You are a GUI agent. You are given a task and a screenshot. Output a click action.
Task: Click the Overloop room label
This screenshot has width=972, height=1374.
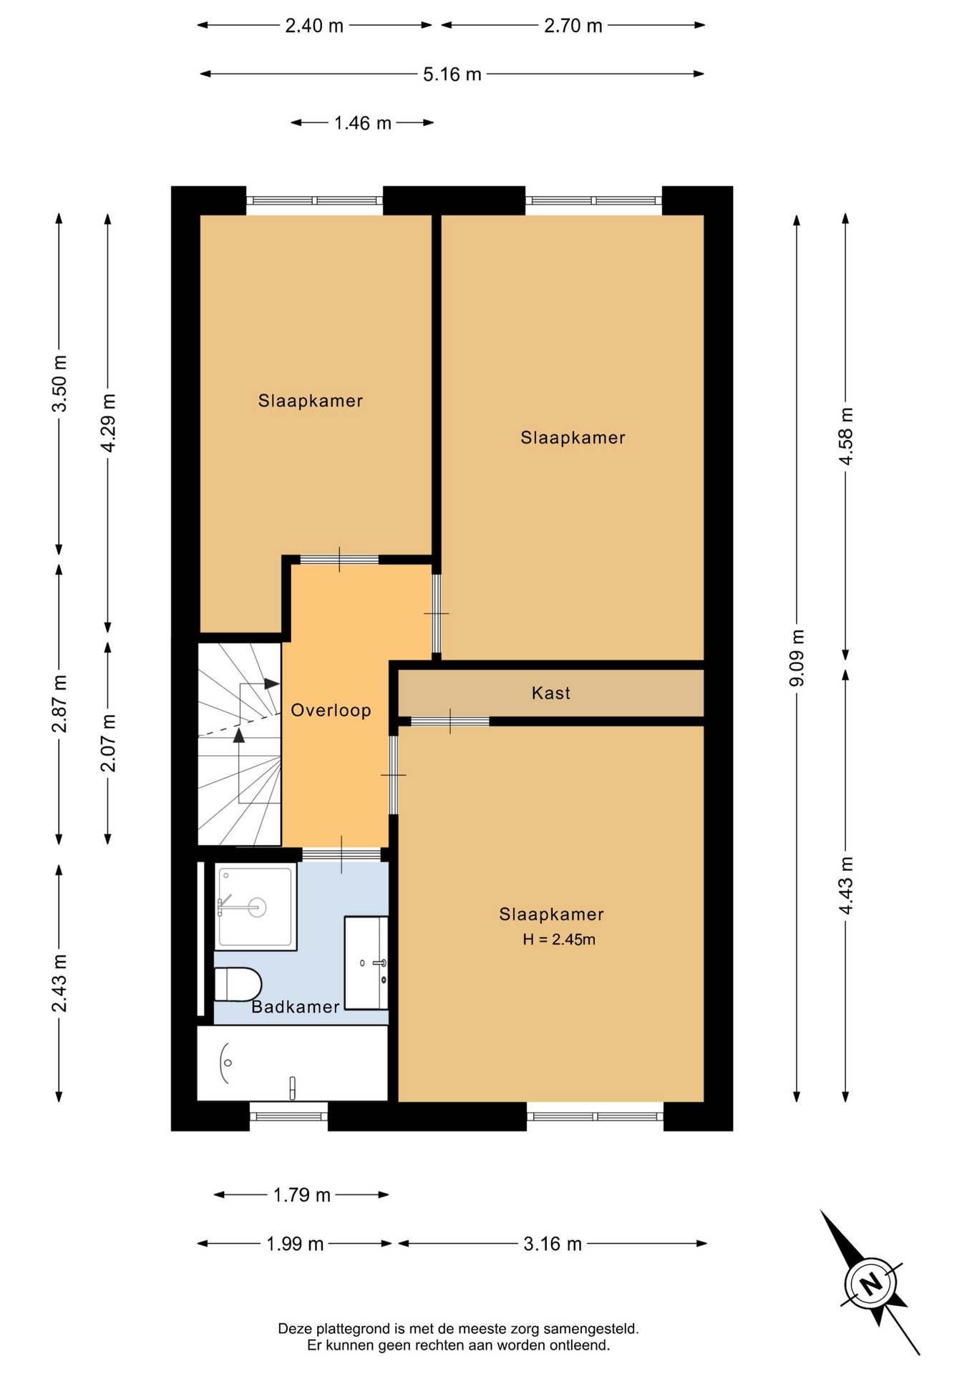331,711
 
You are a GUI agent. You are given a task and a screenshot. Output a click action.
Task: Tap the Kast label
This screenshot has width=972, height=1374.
551,693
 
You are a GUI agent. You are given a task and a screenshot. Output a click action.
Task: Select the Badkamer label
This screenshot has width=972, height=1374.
296,1007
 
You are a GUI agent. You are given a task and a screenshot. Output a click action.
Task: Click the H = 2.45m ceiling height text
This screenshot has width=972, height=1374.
558,940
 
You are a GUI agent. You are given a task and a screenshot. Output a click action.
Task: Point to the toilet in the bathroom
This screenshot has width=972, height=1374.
238,984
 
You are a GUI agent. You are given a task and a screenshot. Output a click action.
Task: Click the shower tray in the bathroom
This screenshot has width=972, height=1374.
256,907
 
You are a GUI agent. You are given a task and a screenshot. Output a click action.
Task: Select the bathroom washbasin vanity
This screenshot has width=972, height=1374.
366,963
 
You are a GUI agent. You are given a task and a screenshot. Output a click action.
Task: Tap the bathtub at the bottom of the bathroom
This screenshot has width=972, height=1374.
293,1063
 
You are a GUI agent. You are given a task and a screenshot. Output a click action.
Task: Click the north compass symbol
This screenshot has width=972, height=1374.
870,1282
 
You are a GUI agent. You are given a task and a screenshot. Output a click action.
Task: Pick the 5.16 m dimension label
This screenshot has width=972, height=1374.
452,74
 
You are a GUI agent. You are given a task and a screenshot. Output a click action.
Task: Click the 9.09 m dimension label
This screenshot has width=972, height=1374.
797,658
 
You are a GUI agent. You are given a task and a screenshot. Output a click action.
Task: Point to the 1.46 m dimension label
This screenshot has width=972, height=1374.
362,123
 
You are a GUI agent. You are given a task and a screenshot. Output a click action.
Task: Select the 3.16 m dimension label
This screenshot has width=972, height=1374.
552,1244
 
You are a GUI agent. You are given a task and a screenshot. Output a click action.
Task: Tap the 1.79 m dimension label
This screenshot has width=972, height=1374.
301,1195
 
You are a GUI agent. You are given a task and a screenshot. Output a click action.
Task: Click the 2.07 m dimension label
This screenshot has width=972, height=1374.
108,743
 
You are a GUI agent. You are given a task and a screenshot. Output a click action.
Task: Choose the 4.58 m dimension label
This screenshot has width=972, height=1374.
846,436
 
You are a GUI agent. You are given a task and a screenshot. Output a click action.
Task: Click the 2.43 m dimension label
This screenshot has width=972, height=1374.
59,983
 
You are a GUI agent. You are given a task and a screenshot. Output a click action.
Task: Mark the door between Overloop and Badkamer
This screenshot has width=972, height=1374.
341,854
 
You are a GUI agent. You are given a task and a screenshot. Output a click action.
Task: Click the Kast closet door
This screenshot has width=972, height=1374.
450,721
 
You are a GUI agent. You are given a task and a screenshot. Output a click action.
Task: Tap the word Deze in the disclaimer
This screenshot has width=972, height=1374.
296,1329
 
